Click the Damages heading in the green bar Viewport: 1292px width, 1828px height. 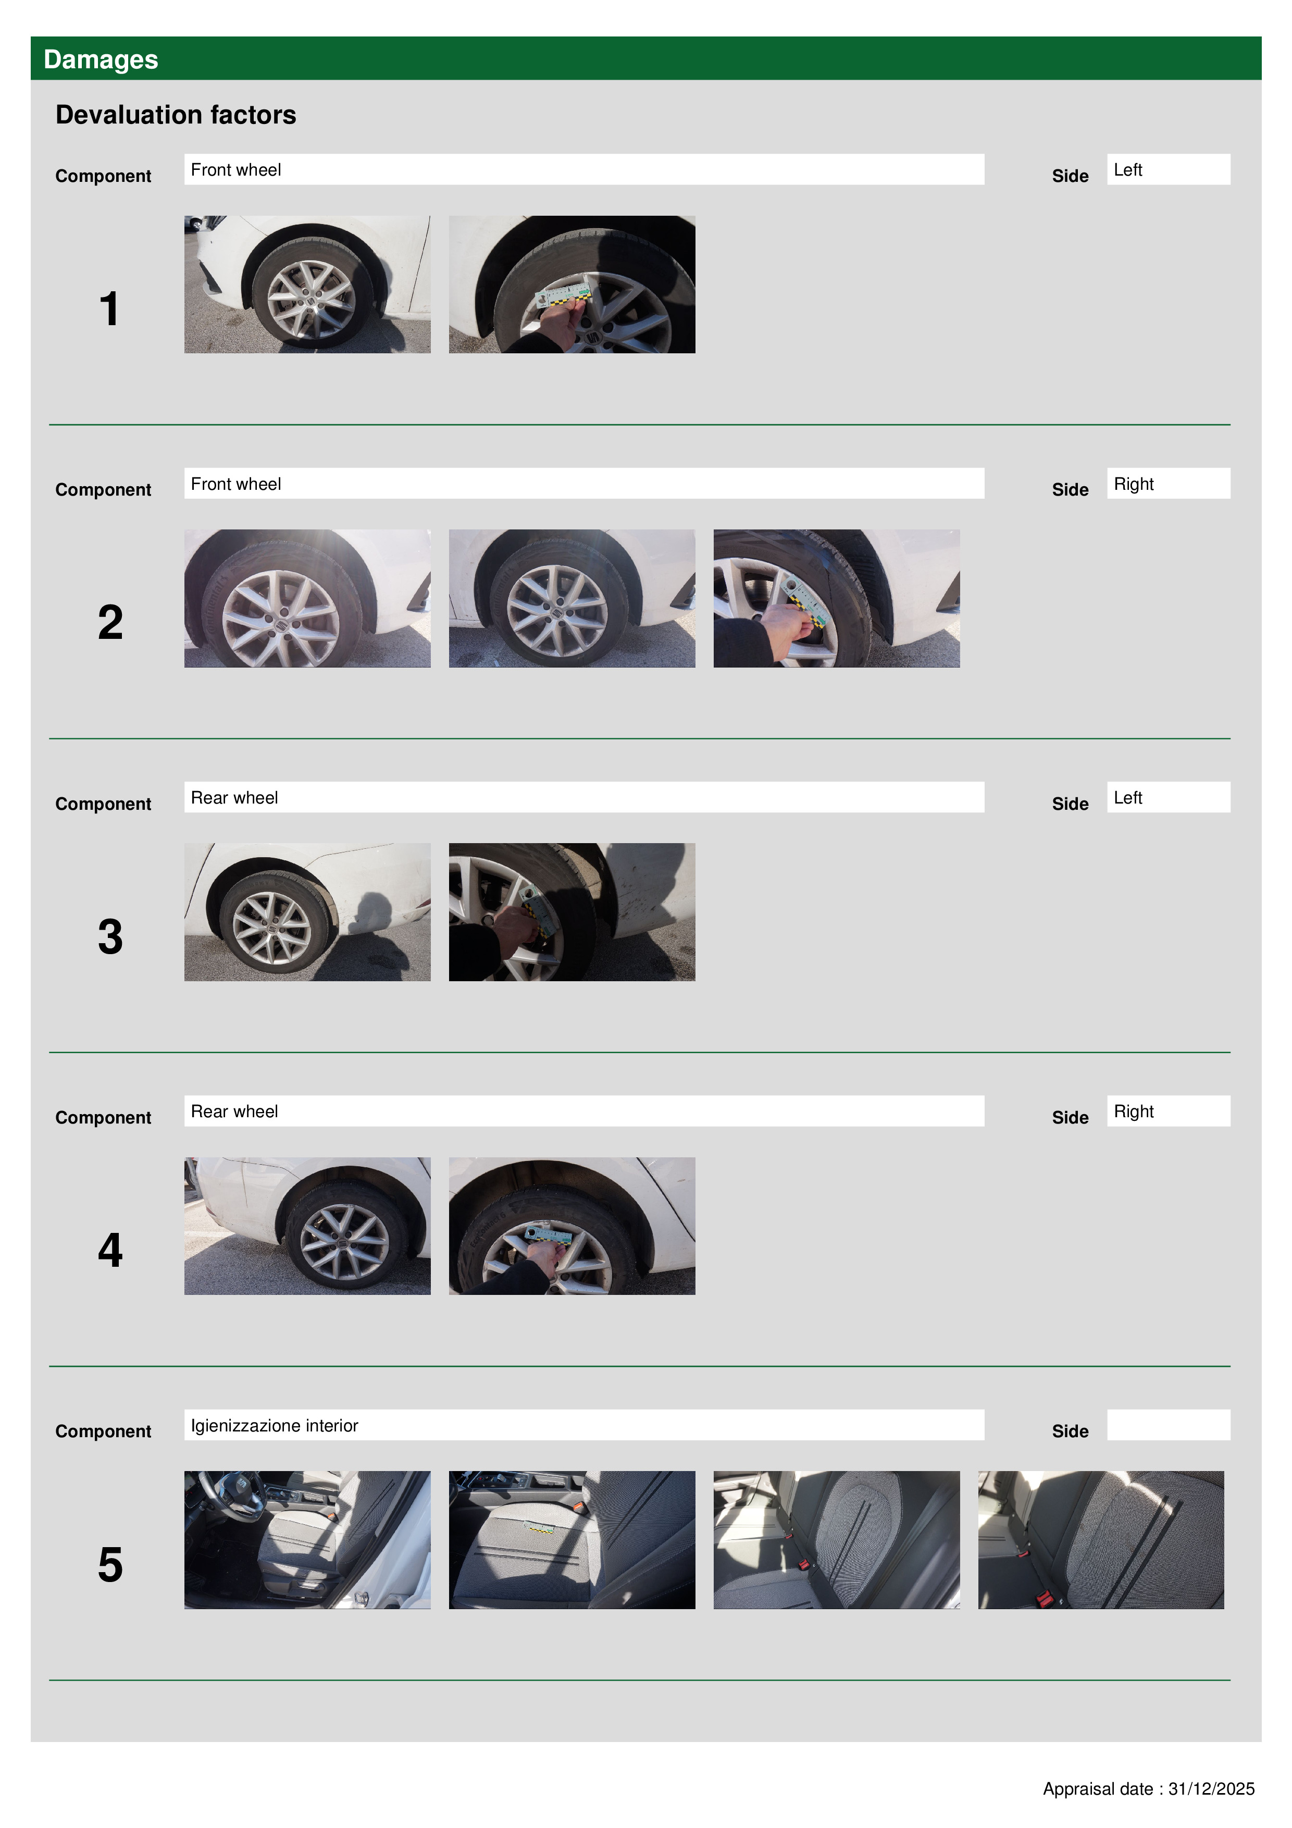[101, 60]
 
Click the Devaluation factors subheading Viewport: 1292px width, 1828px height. [176, 115]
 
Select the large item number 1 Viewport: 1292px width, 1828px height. [109, 309]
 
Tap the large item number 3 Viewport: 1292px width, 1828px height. [110, 936]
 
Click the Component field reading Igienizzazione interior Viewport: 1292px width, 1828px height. [585, 1425]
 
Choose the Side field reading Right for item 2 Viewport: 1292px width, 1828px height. [1169, 483]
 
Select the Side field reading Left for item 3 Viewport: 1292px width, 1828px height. [1169, 797]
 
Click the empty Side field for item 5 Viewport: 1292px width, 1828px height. [1169, 1425]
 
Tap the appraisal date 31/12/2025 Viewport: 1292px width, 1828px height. [1211, 1789]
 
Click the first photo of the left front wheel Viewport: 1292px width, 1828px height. [307, 284]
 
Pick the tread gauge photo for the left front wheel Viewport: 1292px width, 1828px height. [572, 284]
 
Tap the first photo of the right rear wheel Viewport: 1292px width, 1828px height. [307, 1226]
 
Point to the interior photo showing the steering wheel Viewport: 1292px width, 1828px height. [307, 1540]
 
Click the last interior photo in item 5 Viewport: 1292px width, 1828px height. [1101, 1540]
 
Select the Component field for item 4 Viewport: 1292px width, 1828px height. [585, 1110]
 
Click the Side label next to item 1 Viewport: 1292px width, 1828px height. [1070, 176]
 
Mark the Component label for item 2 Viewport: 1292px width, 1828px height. [103, 490]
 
